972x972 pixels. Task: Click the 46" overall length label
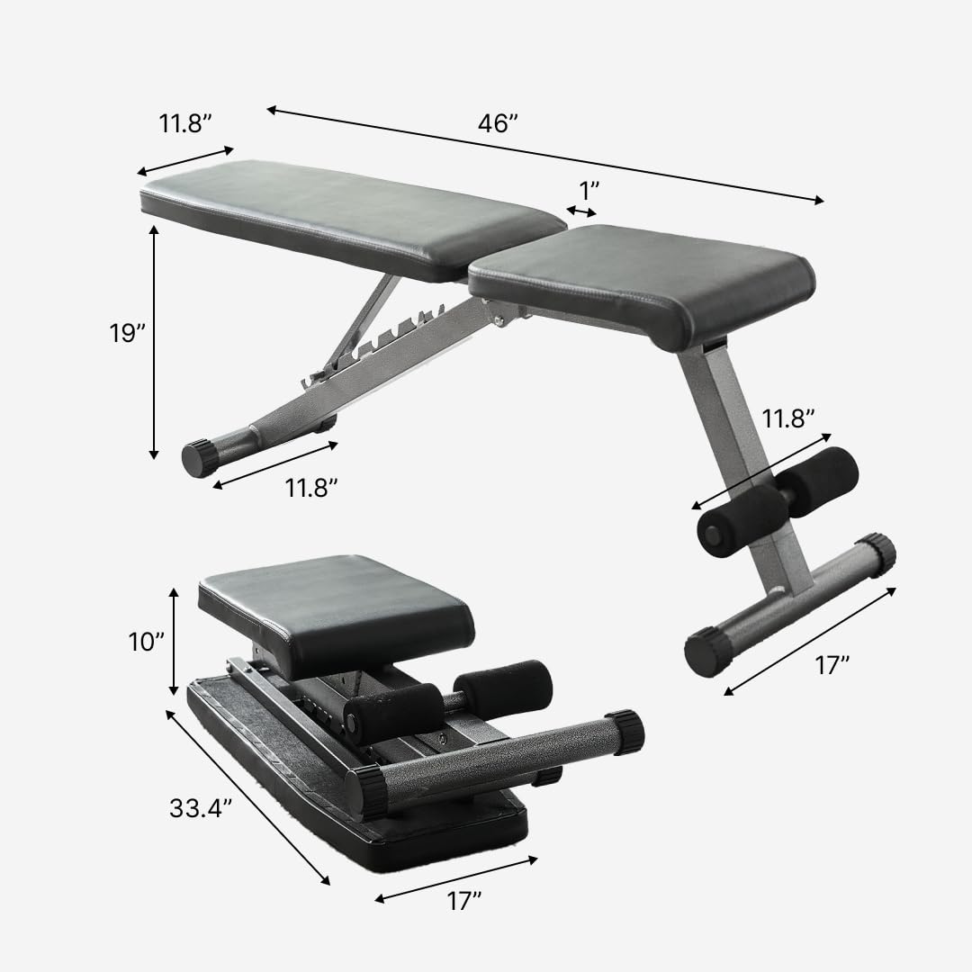499,124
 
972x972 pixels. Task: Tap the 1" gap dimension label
589,190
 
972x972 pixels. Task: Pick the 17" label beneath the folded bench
464,901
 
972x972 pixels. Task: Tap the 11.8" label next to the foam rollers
788,418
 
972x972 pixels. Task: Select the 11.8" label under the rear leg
311,489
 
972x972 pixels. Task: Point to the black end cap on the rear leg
200,458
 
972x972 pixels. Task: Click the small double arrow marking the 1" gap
581,211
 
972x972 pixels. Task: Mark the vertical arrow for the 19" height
155,342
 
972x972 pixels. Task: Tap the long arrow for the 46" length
544,155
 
